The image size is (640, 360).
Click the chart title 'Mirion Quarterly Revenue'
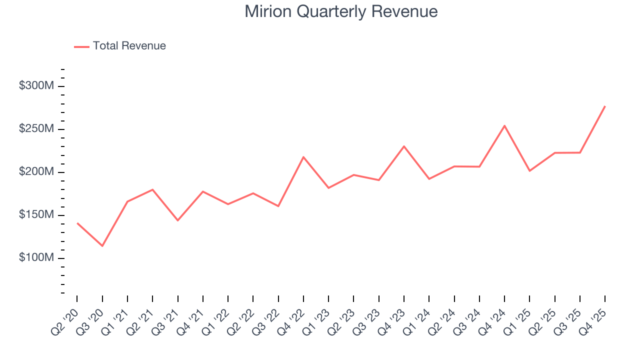(x=341, y=11)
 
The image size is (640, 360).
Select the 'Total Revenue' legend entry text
(x=129, y=46)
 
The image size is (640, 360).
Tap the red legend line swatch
(x=81, y=46)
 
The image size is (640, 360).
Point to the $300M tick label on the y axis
(x=36, y=86)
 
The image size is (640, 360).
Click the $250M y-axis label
(x=36, y=129)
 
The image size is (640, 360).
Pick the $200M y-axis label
(x=36, y=172)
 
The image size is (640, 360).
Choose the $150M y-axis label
(x=36, y=215)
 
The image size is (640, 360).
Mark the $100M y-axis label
(x=36, y=258)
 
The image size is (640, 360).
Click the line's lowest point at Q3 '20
(x=102, y=246)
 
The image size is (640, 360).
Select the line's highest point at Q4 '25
(x=605, y=106)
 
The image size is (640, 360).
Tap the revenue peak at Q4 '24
(x=504, y=125)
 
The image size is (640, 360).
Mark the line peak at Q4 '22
(x=303, y=157)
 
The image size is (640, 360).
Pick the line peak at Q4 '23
(x=404, y=146)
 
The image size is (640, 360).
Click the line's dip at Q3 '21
(x=177, y=220)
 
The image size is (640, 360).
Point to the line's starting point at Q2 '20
(x=77, y=223)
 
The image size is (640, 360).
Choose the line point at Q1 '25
(x=529, y=171)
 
